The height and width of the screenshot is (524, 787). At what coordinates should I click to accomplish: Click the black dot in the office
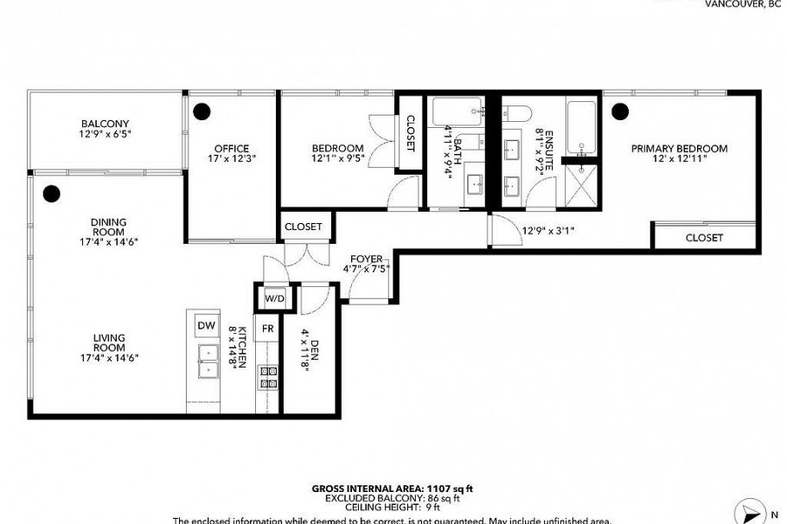(x=202, y=111)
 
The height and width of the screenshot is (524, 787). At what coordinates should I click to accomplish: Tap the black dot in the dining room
(x=51, y=193)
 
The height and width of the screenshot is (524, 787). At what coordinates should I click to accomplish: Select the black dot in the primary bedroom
(x=619, y=111)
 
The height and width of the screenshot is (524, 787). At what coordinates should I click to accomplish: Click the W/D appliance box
(x=274, y=298)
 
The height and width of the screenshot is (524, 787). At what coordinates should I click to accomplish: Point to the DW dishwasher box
(x=206, y=325)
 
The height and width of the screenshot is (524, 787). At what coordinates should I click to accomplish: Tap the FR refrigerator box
(x=268, y=329)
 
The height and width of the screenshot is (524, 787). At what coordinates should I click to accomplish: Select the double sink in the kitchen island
(x=208, y=361)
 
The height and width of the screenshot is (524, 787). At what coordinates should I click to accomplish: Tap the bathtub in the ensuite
(x=581, y=126)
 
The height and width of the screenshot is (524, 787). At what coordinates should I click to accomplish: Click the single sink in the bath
(x=475, y=185)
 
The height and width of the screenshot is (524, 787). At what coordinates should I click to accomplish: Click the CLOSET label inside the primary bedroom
(x=704, y=237)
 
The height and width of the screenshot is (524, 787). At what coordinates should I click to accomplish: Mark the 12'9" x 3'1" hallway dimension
(x=548, y=231)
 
